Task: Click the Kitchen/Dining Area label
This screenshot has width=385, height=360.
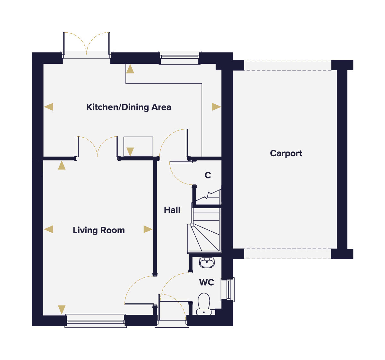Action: coord(129,107)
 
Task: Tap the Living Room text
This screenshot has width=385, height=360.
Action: coord(99,230)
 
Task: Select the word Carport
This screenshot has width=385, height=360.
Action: coord(286,153)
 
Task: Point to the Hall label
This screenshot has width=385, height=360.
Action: coord(172,210)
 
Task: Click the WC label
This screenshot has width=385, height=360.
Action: coord(207,282)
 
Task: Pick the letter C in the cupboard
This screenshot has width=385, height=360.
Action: coord(208,175)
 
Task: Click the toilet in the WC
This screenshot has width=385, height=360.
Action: coord(204,304)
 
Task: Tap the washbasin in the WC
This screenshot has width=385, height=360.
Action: coord(207,263)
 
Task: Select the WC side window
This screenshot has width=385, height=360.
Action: coord(228,290)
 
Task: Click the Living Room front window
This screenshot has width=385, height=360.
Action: coord(96,321)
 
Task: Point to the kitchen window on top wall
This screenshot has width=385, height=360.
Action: coord(180,58)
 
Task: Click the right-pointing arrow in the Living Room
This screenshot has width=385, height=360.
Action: coord(148,229)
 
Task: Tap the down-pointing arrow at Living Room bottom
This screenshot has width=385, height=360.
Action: coord(62,310)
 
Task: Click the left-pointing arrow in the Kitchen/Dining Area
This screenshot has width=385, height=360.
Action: coord(48,107)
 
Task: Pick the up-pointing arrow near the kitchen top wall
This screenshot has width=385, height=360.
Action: coord(130,69)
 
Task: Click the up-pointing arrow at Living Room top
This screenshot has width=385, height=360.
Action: coord(62,165)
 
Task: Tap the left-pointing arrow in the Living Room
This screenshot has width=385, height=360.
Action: coord(48,229)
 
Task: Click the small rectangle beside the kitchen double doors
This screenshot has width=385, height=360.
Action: coord(138,147)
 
